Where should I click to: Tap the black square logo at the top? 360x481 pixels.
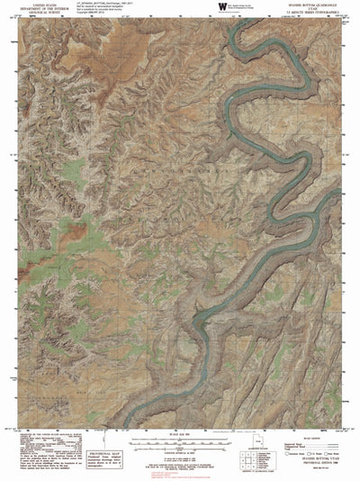[x=221, y=7]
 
